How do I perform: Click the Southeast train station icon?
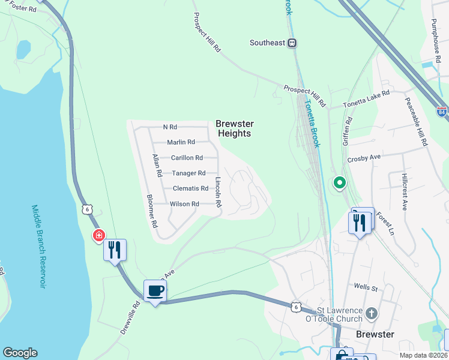(292, 43)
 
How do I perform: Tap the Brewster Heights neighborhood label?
(234, 128)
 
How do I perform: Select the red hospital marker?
(98, 235)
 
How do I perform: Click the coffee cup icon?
(155, 290)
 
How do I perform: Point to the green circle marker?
(339, 182)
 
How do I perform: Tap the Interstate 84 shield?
(442, 112)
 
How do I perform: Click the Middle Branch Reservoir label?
(38, 246)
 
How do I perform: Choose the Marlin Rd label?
(181, 142)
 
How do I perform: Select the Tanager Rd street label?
(189, 173)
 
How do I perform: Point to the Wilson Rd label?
(184, 204)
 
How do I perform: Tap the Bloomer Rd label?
(152, 211)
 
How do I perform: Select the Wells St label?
(366, 288)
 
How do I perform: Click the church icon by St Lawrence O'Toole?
(372, 313)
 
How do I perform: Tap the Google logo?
(20, 353)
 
